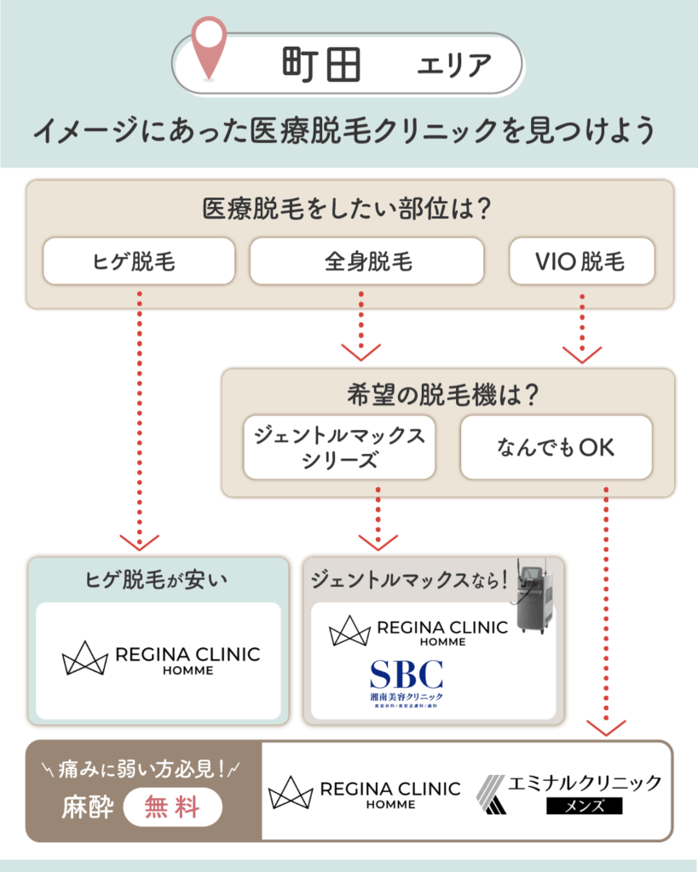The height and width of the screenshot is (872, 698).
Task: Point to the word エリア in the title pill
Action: [x=453, y=66]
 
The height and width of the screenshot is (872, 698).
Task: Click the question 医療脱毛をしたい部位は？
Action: [x=349, y=209]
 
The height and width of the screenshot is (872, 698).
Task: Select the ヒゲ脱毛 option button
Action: [x=139, y=261]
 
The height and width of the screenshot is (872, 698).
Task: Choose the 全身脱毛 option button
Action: [x=366, y=261]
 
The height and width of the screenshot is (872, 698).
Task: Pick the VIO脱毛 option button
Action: [x=581, y=261]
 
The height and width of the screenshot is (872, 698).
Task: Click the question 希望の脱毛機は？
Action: [x=447, y=395]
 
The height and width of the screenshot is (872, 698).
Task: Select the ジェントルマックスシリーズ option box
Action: [x=339, y=447]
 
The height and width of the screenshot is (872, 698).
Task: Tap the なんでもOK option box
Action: [x=556, y=447]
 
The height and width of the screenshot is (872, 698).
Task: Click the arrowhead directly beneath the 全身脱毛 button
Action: [x=361, y=352]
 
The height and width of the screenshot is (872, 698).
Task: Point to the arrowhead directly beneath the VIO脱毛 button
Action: [x=582, y=353]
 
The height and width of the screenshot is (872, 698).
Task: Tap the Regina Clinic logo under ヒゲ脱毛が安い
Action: [x=160, y=660]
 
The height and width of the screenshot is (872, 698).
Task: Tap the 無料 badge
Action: [x=173, y=806]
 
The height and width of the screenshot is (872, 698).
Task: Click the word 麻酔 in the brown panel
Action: [x=87, y=806]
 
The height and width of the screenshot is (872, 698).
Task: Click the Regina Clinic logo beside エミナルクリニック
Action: [x=364, y=793]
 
